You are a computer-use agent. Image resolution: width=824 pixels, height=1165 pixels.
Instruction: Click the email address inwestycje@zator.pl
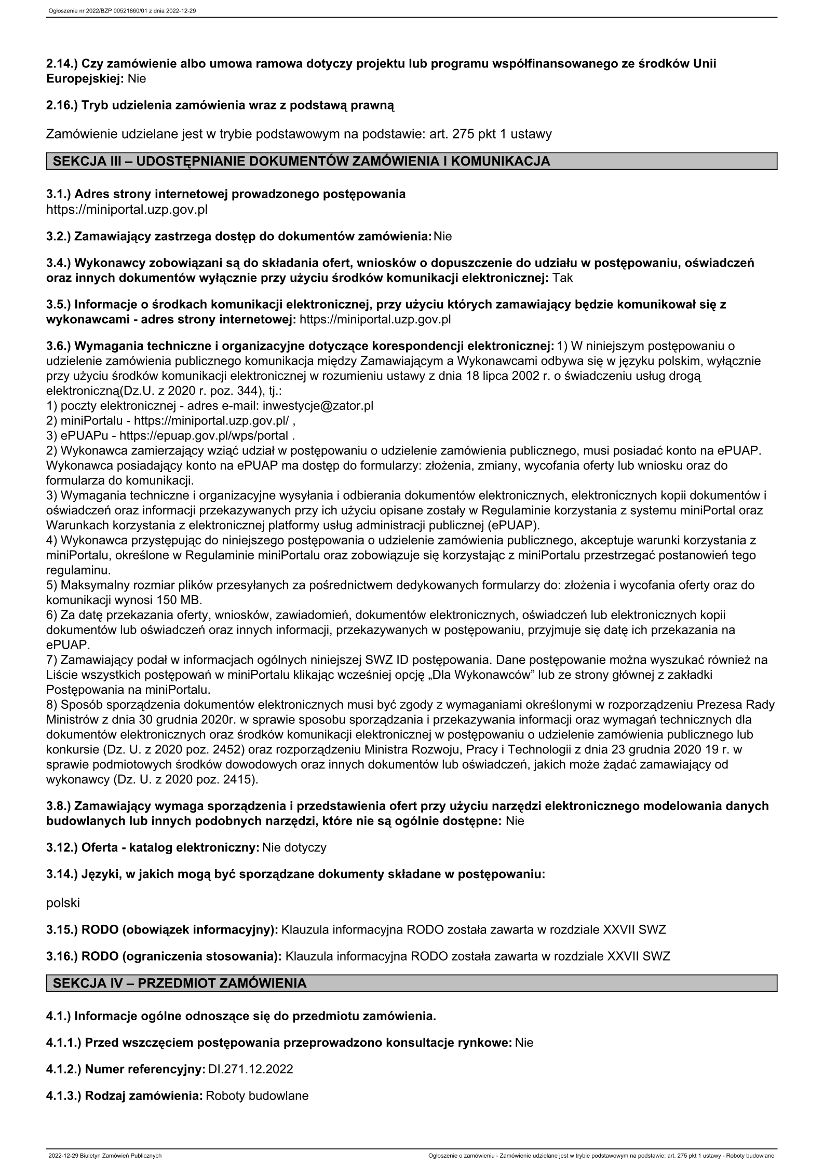318,405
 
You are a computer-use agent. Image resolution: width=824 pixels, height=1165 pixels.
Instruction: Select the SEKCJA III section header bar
411,161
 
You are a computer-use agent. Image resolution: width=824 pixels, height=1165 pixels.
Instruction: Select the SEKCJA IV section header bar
411,983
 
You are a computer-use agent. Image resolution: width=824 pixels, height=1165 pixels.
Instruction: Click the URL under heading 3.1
127,210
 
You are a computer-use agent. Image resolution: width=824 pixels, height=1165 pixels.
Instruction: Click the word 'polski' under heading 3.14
63,902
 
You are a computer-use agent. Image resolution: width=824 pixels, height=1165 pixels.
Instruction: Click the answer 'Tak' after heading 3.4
563,278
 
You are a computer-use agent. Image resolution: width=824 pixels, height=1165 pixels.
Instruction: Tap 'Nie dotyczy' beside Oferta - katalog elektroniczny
294,847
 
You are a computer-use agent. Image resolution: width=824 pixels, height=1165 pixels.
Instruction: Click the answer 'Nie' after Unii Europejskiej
137,79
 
